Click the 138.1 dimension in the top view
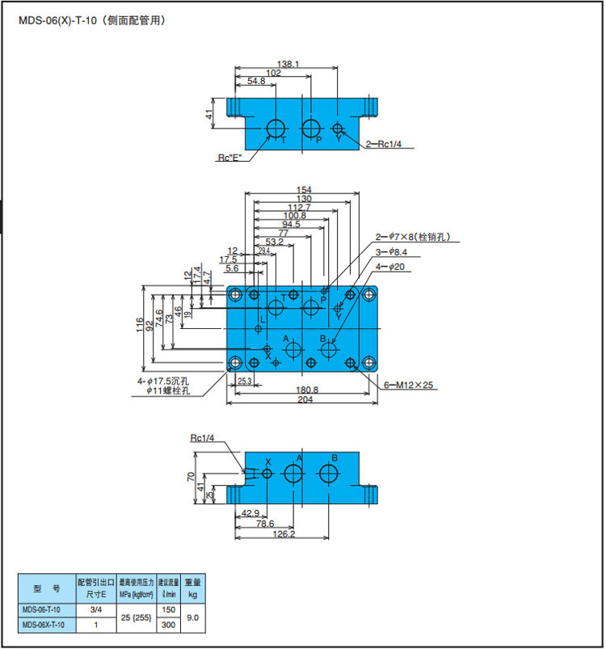pos(288,63)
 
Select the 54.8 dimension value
pos(256,82)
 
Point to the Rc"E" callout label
pos(229,158)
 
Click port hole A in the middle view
pos(292,349)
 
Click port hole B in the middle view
pos(329,349)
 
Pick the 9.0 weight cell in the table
pos(191,617)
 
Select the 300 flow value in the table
pos(168,626)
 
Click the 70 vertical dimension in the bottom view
pos(191,477)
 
